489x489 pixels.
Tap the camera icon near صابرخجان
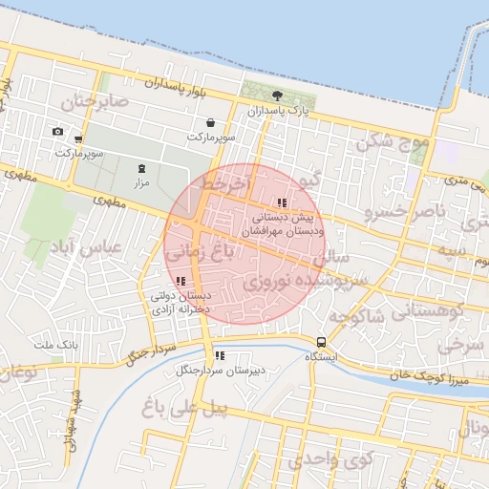(x=57, y=131)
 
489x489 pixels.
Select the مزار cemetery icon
(x=142, y=168)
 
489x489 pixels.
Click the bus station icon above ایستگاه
(x=321, y=341)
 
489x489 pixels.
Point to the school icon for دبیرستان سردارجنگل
(x=219, y=355)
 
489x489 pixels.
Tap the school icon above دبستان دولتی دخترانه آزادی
(x=181, y=281)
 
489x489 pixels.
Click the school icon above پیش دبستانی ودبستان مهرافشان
(x=281, y=202)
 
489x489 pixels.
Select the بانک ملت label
(x=54, y=344)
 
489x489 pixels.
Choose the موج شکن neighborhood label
(x=388, y=143)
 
